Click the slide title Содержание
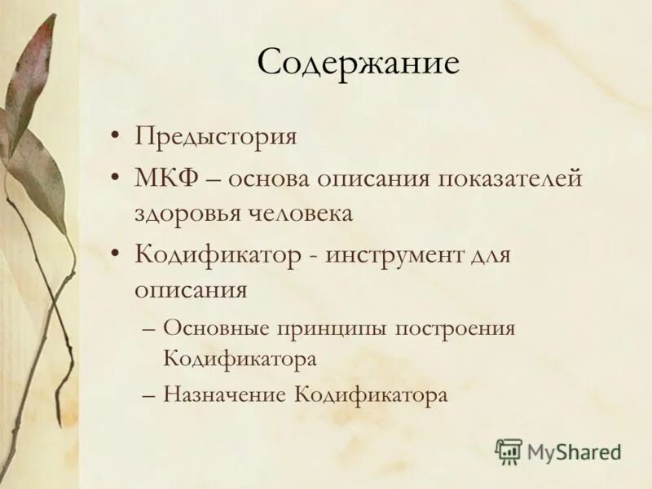point(358,64)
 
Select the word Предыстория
point(216,135)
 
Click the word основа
point(272,178)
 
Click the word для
point(488,255)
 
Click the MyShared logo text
point(574,451)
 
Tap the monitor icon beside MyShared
point(509,451)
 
